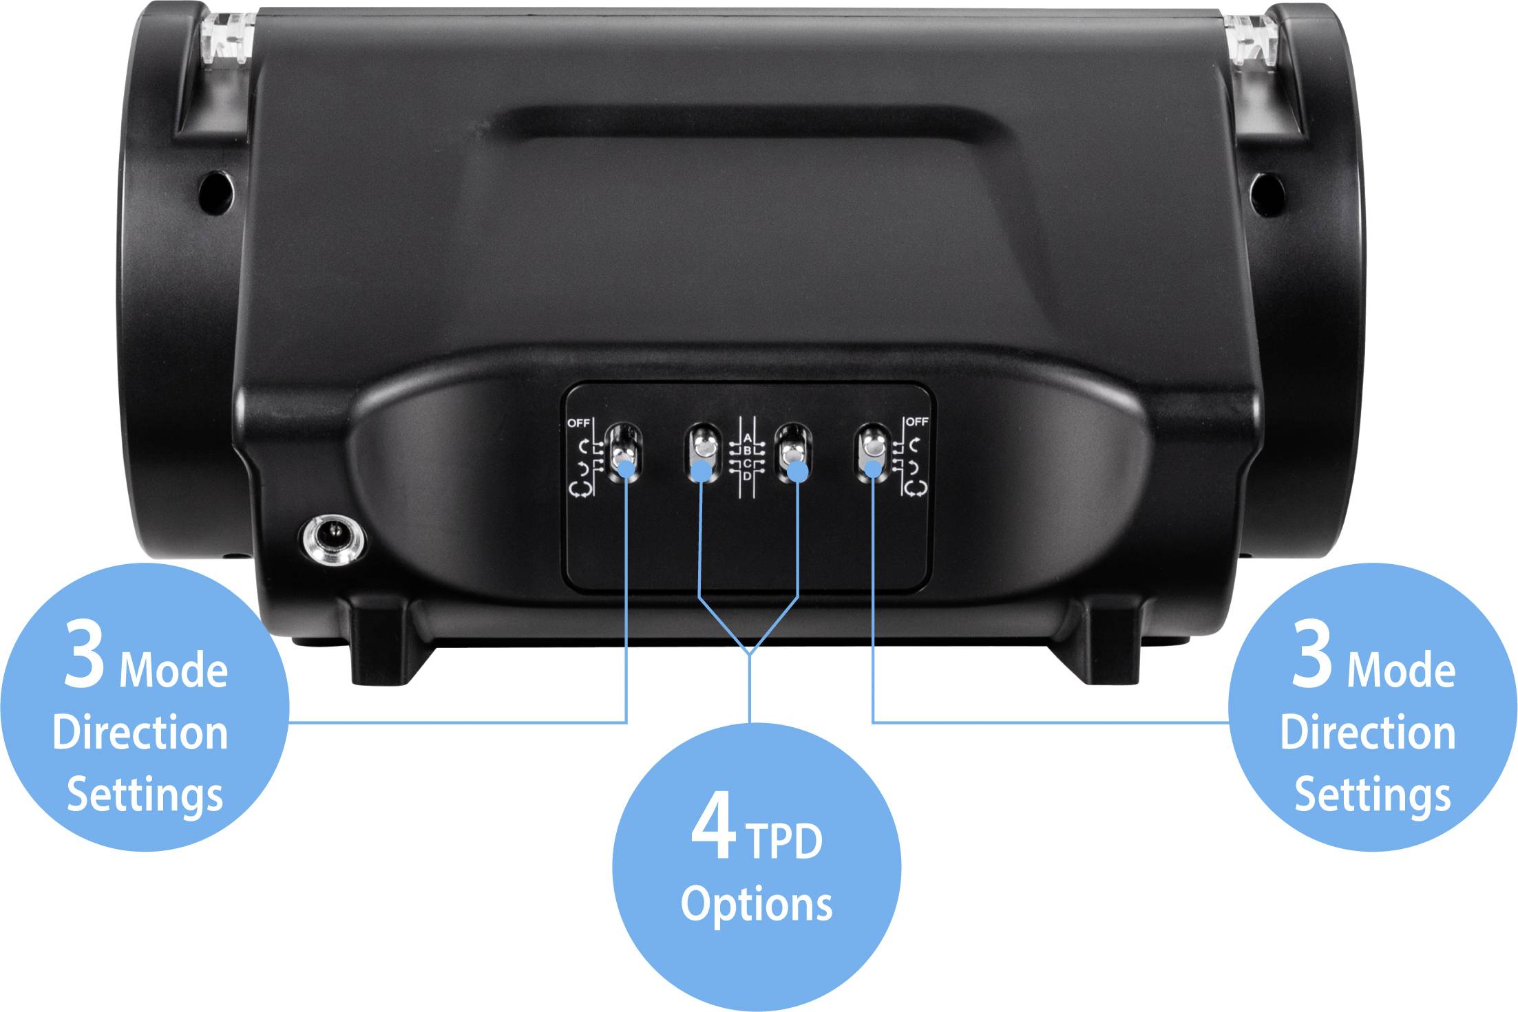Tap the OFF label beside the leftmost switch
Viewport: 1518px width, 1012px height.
click(578, 423)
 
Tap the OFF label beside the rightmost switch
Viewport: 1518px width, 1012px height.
click(917, 421)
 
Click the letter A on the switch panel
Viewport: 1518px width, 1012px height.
click(748, 438)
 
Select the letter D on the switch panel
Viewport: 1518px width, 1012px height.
click(747, 476)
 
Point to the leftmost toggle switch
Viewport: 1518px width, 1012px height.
click(624, 453)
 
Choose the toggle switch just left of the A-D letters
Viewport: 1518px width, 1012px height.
click(702, 451)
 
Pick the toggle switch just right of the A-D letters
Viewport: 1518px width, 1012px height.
click(792, 452)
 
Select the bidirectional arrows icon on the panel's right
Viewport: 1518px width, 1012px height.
click(916, 488)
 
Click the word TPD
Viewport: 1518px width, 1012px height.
click(784, 841)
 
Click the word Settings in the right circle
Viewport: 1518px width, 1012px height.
click(1372, 795)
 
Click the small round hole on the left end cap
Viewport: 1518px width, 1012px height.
click(215, 189)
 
